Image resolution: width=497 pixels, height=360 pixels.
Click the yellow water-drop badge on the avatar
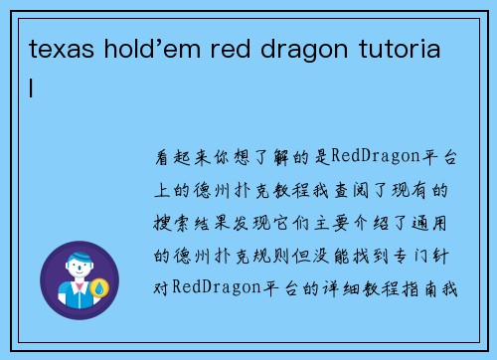pyautogui.click(x=99, y=289)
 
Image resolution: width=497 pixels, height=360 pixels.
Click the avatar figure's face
pyautogui.click(x=79, y=269)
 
